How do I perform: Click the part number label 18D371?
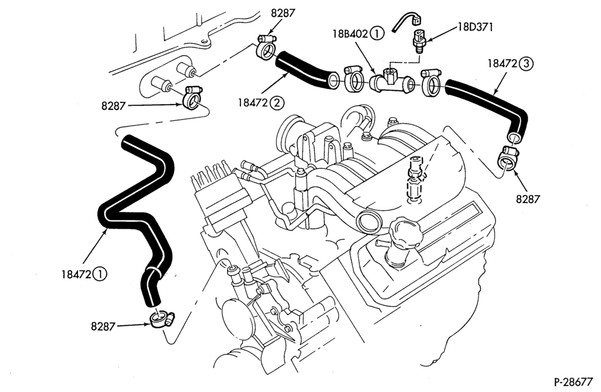point(475,27)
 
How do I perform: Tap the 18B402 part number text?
point(350,34)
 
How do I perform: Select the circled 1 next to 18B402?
point(377,34)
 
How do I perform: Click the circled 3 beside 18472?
point(526,64)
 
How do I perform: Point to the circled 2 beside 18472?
point(276,102)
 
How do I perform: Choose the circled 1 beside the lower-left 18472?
point(100,274)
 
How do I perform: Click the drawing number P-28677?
point(573,382)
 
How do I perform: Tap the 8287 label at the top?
point(283,13)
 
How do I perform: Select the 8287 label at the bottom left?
point(103,326)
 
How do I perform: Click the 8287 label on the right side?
point(528,199)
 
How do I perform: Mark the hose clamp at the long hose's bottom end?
point(161,319)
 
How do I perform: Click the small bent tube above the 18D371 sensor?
point(406,21)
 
